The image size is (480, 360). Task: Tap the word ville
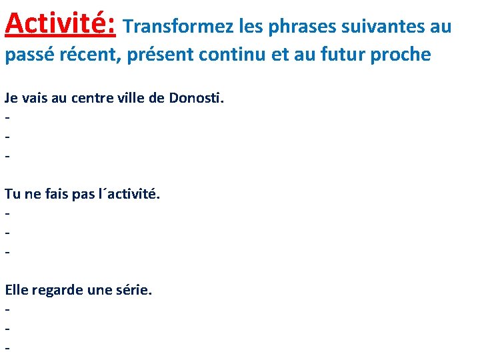pyautogui.click(x=133, y=98)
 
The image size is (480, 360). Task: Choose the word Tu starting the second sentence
pyautogui.click(x=13, y=194)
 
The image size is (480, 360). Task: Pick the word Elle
pyautogui.click(x=16, y=290)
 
